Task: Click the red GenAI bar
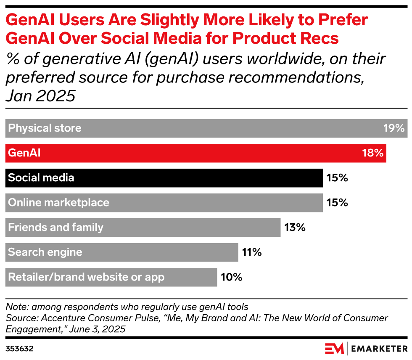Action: coord(195,153)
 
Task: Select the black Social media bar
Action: coord(164,178)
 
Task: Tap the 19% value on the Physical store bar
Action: coord(394,128)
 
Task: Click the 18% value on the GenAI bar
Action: coord(373,153)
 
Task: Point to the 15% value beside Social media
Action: coord(337,178)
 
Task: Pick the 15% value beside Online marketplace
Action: coord(337,203)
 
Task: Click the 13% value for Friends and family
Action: coord(294,228)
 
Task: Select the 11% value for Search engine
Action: coord(252,252)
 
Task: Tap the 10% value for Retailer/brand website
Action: coord(231,277)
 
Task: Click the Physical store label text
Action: coord(45,128)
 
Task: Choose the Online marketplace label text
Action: coord(59,203)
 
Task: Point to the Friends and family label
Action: coord(56,228)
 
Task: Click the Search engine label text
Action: coord(45,252)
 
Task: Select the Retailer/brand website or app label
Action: coord(86,277)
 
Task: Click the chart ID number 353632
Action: coord(19,349)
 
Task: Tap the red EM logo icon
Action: coord(334,349)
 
